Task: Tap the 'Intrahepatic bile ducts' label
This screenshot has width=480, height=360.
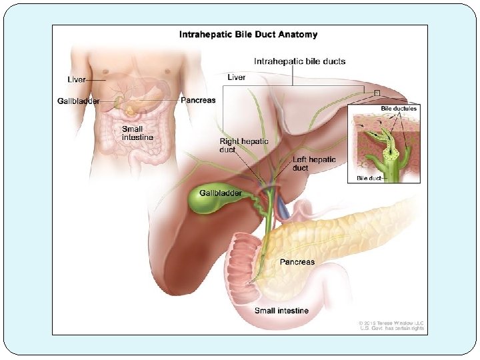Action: pyautogui.click(x=300, y=61)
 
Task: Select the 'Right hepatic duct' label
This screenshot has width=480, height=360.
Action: pyautogui.click(x=244, y=145)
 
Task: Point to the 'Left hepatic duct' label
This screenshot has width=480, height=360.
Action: pyautogui.click(x=314, y=163)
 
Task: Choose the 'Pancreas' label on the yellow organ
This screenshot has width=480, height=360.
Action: pyautogui.click(x=297, y=262)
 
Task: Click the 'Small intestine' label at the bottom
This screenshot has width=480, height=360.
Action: pyautogui.click(x=281, y=311)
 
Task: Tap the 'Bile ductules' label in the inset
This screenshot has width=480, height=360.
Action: pyautogui.click(x=399, y=109)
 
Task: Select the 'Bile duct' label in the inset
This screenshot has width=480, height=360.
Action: pyautogui.click(x=369, y=178)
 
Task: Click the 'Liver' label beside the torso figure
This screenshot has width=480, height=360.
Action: pyautogui.click(x=77, y=79)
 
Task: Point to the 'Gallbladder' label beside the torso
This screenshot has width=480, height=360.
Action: pyautogui.click(x=78, y=101)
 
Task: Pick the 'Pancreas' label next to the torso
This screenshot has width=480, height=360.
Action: pyautogui.click(x=198, y=100)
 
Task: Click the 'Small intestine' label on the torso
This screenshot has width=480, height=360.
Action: pyautogui.click(x=137, y=133)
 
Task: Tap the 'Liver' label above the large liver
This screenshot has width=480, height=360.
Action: pyautogui.click(x=237, y=77)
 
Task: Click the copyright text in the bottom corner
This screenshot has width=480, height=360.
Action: pyautogui.click(x=392, y=325)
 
